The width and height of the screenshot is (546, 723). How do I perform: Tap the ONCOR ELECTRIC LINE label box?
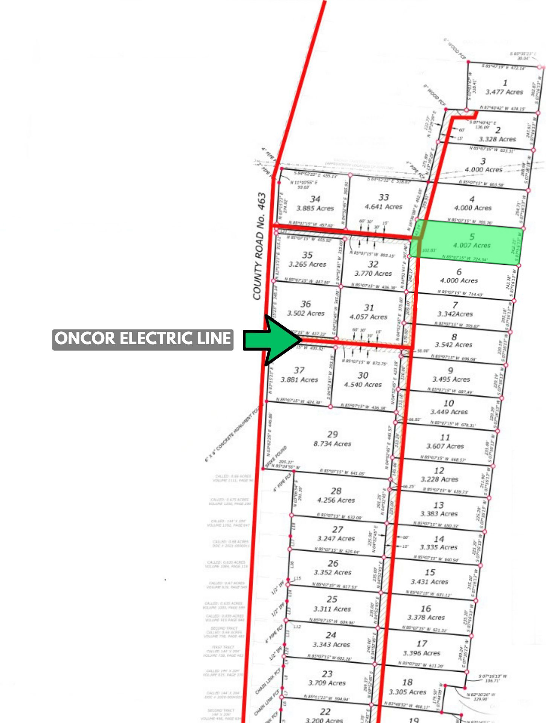coord(143,339)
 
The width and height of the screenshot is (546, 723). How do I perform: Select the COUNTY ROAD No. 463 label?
coord(259,247)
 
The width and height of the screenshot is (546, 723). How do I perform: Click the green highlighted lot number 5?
coord(472,236)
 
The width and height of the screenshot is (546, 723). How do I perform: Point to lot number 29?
coord(332,434)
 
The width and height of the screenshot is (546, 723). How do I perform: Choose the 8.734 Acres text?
coord(332,444)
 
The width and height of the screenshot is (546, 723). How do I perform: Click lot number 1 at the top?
coord(505,83)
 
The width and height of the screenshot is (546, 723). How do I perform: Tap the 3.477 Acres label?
coord(504,92)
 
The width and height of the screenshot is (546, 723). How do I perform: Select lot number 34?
coord(315,199)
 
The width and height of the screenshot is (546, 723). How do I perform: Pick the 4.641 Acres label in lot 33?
coord(383,207)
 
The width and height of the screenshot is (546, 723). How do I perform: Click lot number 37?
coord(299,370)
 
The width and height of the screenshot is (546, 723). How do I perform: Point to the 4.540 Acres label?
coord(363,384)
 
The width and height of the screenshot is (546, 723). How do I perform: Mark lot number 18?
coord(407,682)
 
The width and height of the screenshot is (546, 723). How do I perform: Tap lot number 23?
coord(327,674)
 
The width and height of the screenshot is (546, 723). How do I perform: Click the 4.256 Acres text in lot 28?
coord(336,500)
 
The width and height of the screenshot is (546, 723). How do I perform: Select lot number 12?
coord(439,470)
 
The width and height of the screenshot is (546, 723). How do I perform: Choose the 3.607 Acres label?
coord(445,447)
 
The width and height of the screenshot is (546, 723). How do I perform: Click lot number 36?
coord(306,304)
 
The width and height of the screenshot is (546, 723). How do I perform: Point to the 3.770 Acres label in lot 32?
coord(373,274)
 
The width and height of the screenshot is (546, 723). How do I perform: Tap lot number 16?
coord(426,609)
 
